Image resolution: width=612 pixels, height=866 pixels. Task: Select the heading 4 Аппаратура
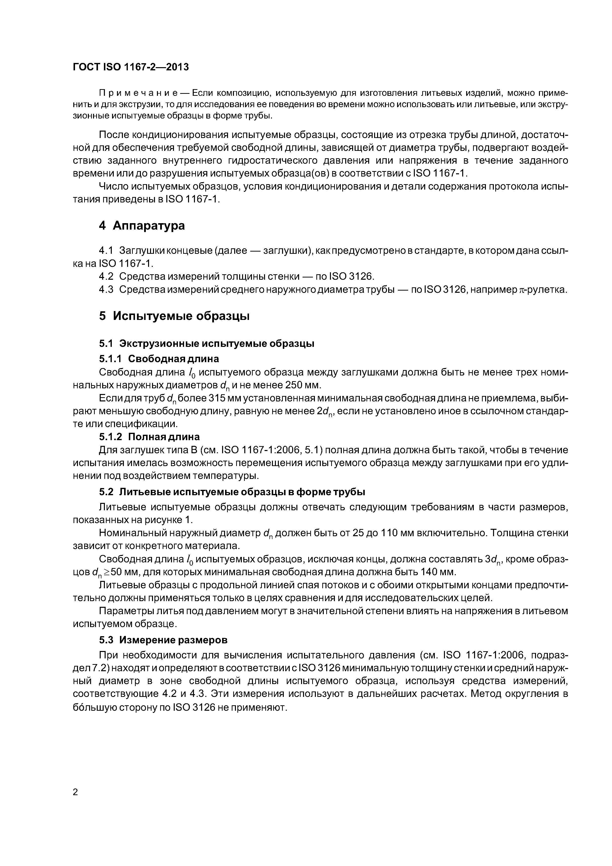coord(142,226)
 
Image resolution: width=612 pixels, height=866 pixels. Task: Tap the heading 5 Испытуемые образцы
coord(174,316)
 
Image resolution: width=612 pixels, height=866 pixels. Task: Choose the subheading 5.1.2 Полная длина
coord(149,437)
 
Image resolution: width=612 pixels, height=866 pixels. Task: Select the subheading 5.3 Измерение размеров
coord(163,640)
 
